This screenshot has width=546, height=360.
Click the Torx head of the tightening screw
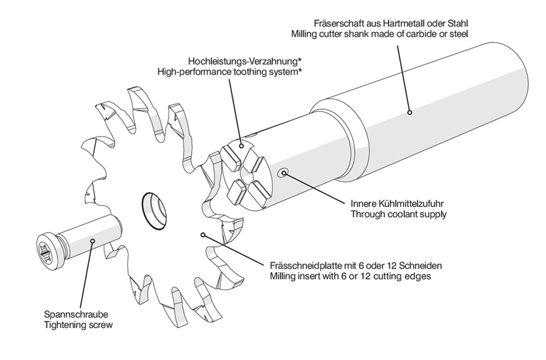click(46, 252)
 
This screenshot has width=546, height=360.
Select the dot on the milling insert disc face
click(203, 234)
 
